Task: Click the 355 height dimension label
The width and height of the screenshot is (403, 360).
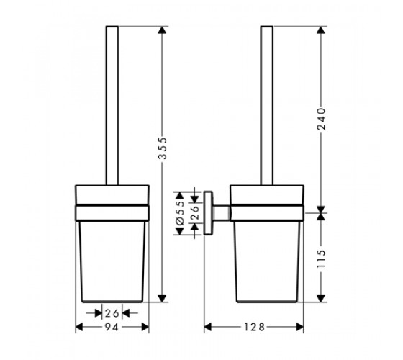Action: (163, 148)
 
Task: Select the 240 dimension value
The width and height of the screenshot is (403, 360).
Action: (321, 119)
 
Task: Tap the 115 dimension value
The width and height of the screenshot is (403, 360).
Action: (321, 259)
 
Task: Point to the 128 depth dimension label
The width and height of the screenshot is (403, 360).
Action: (254, 328)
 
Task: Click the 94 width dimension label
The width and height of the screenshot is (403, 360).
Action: (112, 328)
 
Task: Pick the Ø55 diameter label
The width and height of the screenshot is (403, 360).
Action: (181, 213)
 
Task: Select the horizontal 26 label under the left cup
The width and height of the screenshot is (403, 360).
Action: (112, 313)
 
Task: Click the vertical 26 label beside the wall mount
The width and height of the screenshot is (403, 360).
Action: (195, 212)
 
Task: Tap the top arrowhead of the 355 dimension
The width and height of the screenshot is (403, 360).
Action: (162, 30)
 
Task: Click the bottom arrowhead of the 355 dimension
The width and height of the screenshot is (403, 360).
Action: (162, 298)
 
